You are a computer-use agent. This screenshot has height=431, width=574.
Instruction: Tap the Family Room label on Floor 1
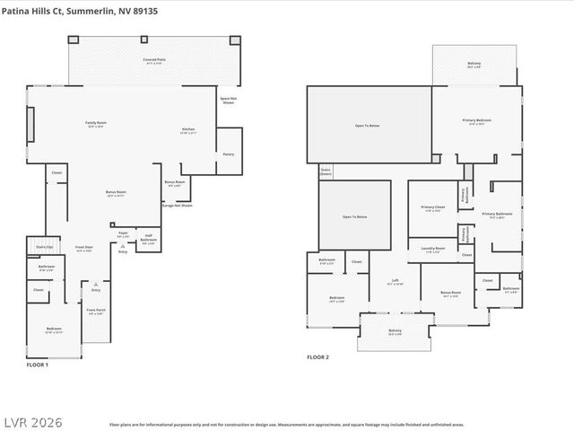[95, 124]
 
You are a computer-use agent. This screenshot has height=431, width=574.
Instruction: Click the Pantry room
[228, 154]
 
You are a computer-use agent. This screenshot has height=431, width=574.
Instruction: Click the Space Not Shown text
[229, 100]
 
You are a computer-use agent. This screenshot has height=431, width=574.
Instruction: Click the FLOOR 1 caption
[37, 365]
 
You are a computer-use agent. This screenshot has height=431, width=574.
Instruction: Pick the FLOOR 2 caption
[317, 357]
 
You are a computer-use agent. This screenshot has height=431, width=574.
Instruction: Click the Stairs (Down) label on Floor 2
[326, 170]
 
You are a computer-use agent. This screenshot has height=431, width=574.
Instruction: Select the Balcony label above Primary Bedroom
[474, 65]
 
